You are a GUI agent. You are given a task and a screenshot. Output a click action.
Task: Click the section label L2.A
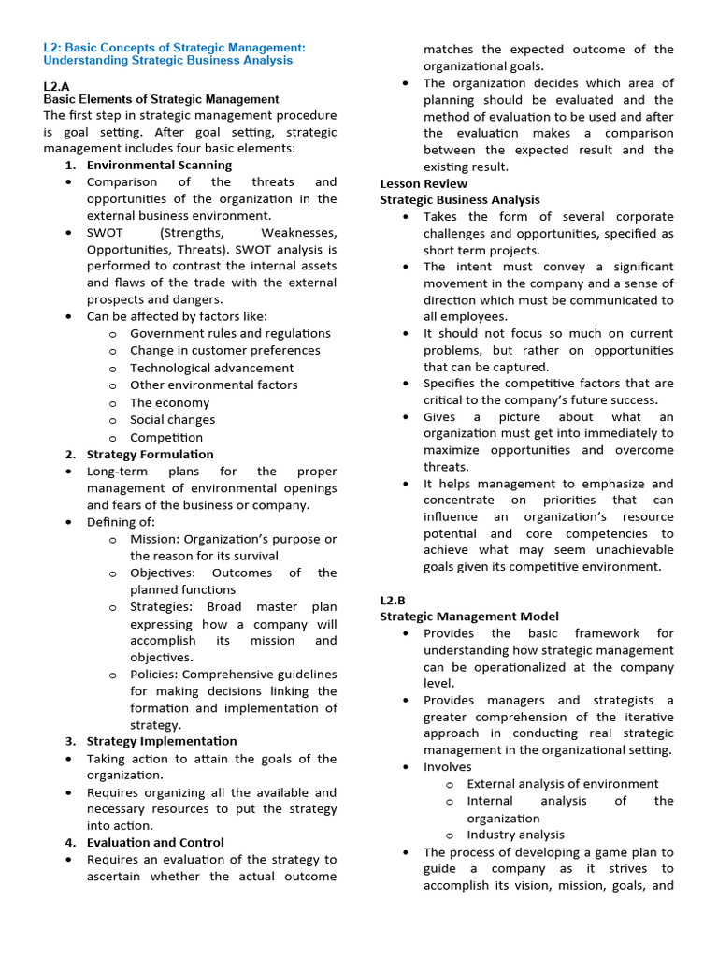coord(57,85)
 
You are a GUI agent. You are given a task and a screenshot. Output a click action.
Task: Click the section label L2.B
coord(393,600)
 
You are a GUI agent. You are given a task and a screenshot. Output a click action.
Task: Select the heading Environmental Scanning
coord(159,165)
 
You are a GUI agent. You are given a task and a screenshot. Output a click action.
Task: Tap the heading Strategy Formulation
coord(150,454)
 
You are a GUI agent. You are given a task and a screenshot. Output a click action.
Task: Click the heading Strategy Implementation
coord(162,741)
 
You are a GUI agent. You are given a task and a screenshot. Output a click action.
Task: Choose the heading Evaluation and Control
coord(155,842)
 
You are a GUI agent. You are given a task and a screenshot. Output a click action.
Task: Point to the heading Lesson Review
coord(424,183)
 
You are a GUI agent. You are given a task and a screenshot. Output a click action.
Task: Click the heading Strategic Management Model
coord(469,617)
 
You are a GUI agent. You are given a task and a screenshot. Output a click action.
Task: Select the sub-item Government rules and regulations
coord(230,333)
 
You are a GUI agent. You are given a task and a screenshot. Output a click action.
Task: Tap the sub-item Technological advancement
coord(211,368)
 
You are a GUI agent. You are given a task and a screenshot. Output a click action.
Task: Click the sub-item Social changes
coord(172,420)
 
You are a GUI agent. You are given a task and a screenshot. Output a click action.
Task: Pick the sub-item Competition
coord(165,437)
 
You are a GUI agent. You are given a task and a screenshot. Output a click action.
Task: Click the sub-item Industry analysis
coord(515,835)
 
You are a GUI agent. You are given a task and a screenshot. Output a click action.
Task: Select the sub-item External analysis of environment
coord(562,784)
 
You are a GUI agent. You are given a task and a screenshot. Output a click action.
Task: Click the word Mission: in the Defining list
coord(154,539)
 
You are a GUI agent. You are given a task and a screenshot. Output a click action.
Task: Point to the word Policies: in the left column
coord(154,674)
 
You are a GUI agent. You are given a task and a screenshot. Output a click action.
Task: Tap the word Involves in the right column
coord(448,767)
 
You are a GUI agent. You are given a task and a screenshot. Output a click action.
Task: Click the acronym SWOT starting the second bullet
coord(105,232)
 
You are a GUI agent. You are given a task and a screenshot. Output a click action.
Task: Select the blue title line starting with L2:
coord(174,47)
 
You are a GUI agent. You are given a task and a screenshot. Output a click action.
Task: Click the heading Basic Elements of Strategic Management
coord(161,98)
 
